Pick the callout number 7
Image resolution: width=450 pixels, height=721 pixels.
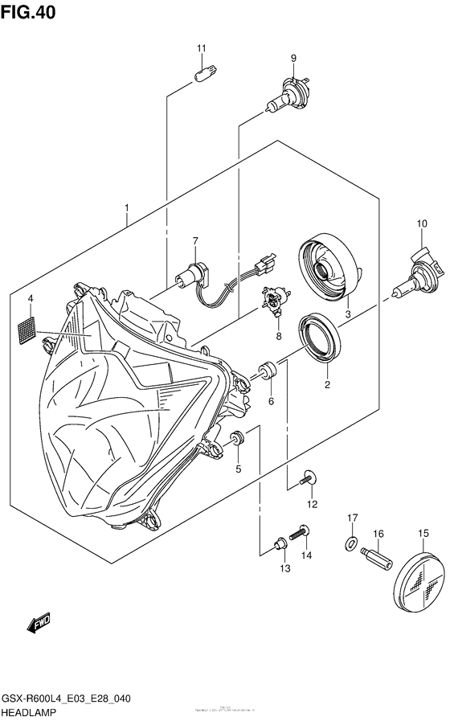(x=194, y=240)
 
